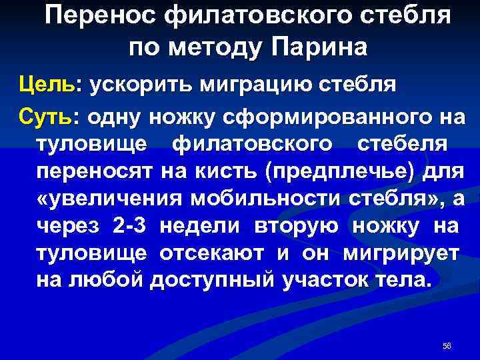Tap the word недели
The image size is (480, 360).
click(203, 226)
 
